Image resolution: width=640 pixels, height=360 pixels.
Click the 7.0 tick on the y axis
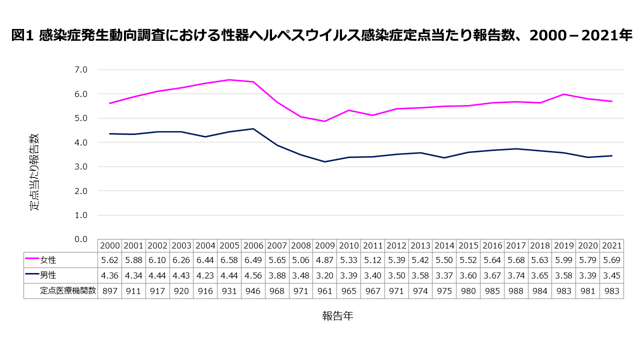(80, 69)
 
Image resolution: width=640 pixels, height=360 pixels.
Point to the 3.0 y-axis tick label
(80, 166)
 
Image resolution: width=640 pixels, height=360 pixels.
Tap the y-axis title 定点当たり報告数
(34, 171)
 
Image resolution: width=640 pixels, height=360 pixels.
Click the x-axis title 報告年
(337, 316)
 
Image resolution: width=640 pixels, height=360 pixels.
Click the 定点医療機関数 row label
(67, 291)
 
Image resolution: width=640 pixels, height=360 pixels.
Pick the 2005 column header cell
(229, 245)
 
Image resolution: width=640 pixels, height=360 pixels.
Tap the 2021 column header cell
(612, 245)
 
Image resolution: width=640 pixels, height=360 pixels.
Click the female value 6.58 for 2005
(229, 260)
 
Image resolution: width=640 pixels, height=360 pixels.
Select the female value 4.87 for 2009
(325, 260)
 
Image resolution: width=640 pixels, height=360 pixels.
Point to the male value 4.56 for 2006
(253, 274)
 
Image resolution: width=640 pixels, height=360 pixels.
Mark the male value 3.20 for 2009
(325, 274)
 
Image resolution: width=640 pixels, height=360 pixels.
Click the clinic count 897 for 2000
(109, 291)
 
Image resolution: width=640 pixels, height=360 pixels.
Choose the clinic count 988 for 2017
(516, 291)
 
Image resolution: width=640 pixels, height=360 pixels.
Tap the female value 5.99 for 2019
(564, 260)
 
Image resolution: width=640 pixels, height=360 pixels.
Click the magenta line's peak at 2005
(229, 80)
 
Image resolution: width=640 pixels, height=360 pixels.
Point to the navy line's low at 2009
(325, 161)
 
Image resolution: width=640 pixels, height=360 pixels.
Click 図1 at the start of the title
(22, 35)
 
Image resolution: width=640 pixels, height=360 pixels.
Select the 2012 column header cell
(396, 245)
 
